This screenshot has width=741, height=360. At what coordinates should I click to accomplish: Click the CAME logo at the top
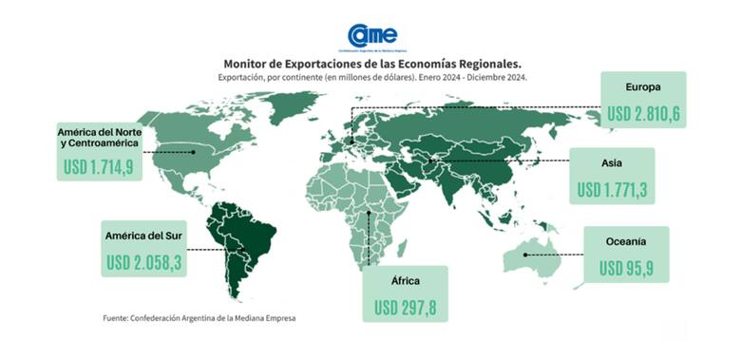[371, 37]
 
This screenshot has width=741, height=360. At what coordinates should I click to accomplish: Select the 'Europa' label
[642, 88]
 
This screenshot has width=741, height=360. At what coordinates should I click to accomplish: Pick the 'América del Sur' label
[146, 235]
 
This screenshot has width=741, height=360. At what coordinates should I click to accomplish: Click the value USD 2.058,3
[145, 260]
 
